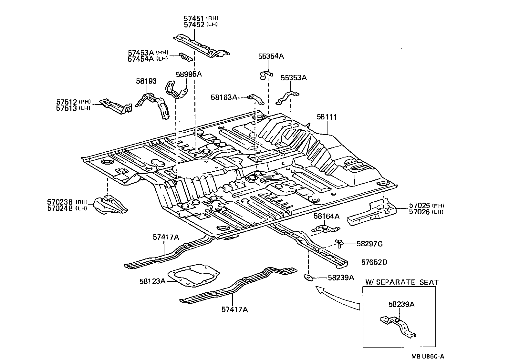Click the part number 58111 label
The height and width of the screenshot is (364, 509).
327,117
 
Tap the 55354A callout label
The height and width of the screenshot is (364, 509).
271,56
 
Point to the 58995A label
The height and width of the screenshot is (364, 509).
189,74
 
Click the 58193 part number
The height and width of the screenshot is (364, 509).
146,81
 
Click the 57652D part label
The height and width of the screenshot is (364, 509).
373,262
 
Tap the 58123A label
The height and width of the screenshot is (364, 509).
152,281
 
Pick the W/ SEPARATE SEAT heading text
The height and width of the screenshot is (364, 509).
402,282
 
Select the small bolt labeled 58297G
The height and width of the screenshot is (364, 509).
339,243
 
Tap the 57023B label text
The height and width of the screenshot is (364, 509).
61,202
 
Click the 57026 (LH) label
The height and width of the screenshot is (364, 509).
426,212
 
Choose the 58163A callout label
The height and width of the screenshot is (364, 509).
224,97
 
